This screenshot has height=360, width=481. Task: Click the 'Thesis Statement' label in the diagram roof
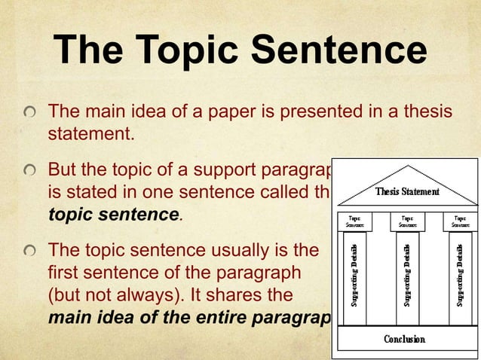(407, 191)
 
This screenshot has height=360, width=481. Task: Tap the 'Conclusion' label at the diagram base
(405, 339)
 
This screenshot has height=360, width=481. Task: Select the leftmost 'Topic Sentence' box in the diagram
(354, 221)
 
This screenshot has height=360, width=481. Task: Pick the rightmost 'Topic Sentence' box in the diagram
(460, 221)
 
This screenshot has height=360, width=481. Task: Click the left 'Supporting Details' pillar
(354, 276)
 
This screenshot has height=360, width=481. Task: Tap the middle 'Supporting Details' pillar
(407, 276)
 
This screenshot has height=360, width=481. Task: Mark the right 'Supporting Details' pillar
(460, 276)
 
